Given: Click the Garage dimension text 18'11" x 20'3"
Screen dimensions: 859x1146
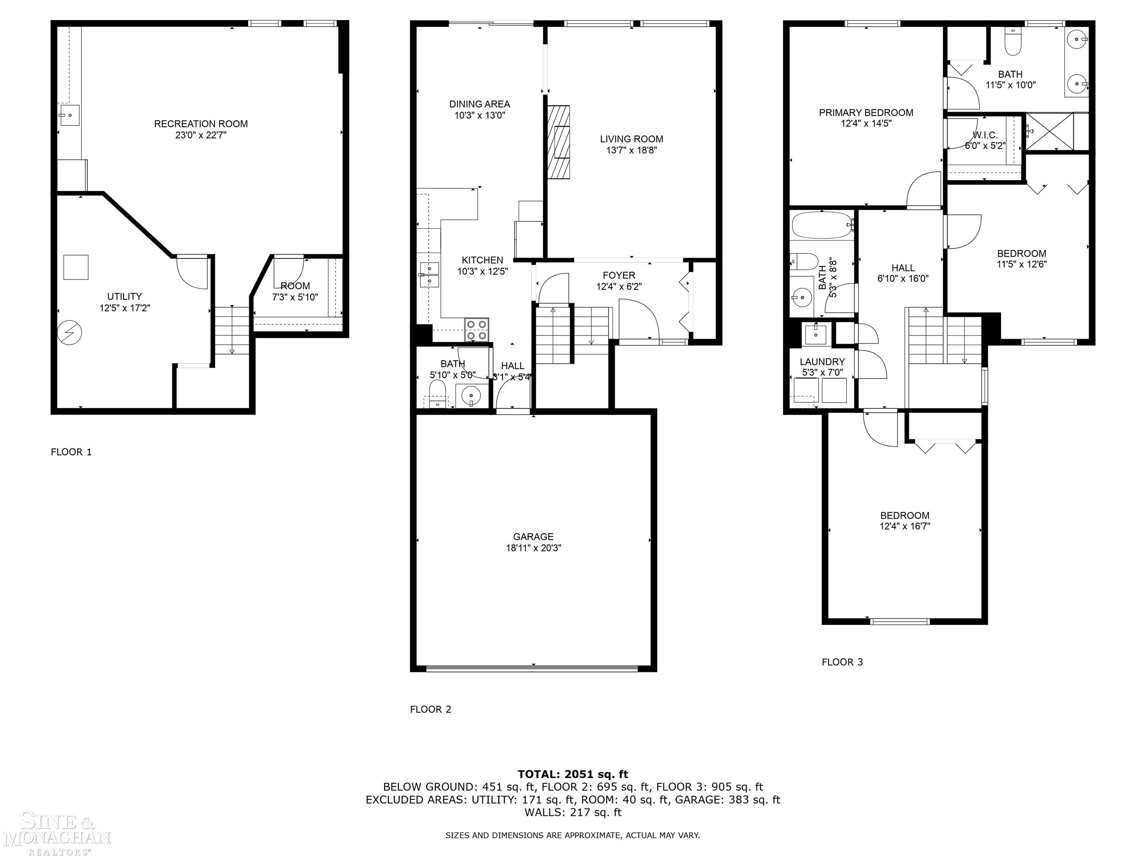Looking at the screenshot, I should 533,548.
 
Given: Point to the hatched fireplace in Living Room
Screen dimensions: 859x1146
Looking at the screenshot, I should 558,142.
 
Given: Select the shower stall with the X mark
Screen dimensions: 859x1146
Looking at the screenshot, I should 1050,132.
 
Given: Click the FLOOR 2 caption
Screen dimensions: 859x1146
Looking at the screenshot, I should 430,709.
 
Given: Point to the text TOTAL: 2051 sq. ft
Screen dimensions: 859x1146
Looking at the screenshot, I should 573,774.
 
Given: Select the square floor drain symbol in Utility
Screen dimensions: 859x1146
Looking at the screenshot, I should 76,267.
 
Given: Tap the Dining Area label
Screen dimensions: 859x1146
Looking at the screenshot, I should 479,104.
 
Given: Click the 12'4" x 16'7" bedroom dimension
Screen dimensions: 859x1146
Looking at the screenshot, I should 905,526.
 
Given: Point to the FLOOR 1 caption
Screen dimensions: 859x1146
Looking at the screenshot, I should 71,452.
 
